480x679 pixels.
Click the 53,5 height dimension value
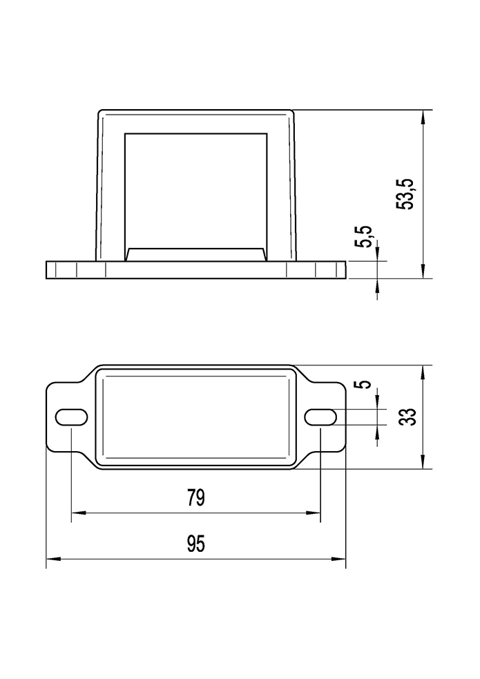(x=408, y=194)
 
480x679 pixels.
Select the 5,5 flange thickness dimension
(x=365, y=236)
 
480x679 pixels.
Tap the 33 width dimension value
(x=409, y=417)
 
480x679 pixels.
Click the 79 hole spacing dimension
(x=196, y=499)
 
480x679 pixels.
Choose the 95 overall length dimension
(x=196, y=544)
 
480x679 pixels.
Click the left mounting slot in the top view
(x=70, y=417)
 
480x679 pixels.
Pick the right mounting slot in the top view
(x=321, y=417)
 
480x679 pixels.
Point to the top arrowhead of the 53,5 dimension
(x=423, y=116)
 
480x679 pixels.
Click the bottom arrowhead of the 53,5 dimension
(x=423, y=272)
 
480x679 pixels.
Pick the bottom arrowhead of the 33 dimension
(x=423, y=463)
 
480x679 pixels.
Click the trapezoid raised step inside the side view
(x=196, y=254)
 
